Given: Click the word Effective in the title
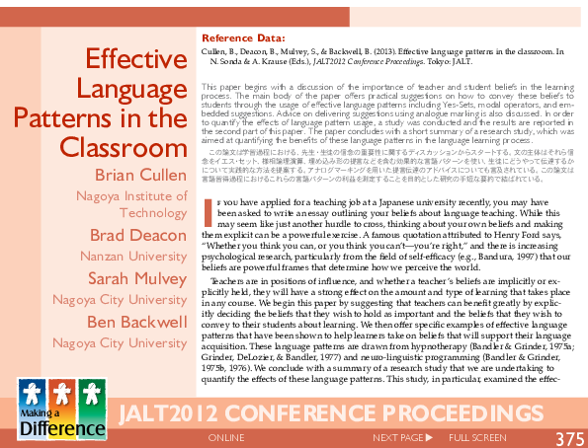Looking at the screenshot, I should pos(137,60).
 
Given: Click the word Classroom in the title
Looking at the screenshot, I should pos(124,148).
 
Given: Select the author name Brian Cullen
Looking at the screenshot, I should pos(140,176).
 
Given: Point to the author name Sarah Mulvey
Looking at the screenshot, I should pos(136,277).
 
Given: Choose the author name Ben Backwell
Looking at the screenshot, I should pos(136,322).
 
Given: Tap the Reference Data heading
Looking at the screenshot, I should pos(243,39).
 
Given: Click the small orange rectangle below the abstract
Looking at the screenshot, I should pos(209,212).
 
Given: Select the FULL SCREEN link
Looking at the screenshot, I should pos(477,437).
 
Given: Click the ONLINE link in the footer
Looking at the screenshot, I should pos(227,437).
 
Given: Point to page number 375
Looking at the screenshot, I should pos(569,438).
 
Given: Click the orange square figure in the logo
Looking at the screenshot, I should pos(61,392).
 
